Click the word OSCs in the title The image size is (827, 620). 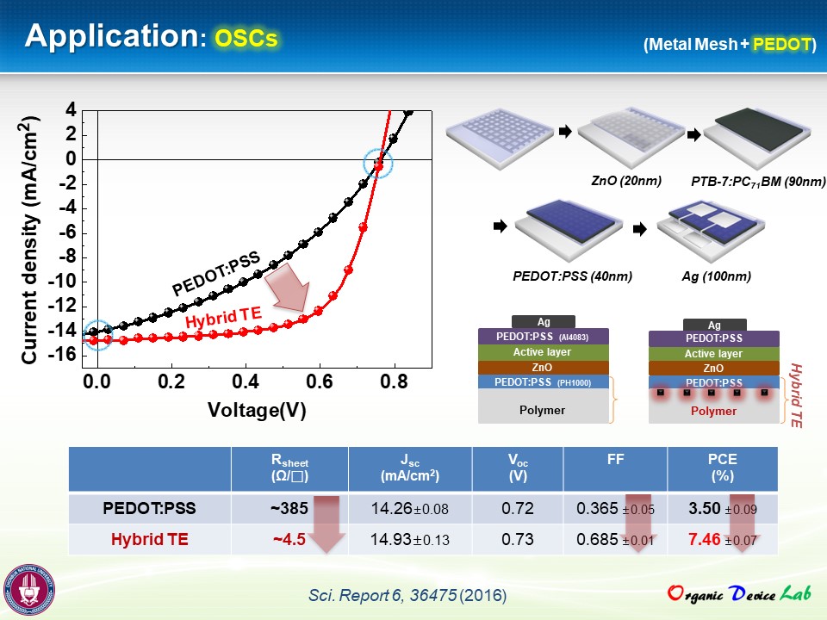pyautogui.click(x=246, y=39)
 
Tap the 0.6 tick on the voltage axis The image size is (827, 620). pyautogui.click(x=319, y=381)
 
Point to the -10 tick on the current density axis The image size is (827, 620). pyautogui.click(x=62, y=281)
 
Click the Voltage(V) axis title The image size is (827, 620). pyautogui.click(x=257, y=410)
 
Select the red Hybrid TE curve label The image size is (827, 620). pyautogui.click(x=224, y=318)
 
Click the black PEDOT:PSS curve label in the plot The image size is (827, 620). pyautogui.click(x=216, y=274)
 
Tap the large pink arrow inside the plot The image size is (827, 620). pyautogui.click(x=288, y=288)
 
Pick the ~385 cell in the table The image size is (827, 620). pyautogui.click(x=289, y=508)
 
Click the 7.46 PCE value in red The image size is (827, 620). pyautogui.click(x=704, y=539)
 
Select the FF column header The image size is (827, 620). pyautogui.click(x=615, y=460)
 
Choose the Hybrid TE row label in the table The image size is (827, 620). pyautogui.click(x=149, y=539)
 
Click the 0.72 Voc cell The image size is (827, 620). pyautogui.click(x=518, y=508)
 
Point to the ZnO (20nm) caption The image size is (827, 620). pyautogui.click(x=626, y=181)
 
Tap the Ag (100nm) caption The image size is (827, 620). pyautogui.click(x=716, y=276)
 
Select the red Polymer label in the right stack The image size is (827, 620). pyautogui.click(x=713, y=412)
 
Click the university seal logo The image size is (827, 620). pyautogui.click(x=29, y=590)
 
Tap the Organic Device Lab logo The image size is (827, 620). pyautogui.click(x=739, y=593)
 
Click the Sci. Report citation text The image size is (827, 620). pyautogui.click(x=407, y=595)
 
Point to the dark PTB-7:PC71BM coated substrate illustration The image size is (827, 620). pyautogui.click(x=757, y=136)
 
